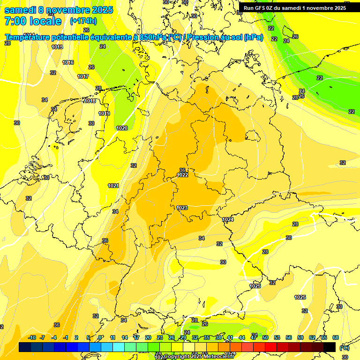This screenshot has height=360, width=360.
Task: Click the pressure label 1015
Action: (57, 47)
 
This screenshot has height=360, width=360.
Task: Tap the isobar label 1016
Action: (68, 62)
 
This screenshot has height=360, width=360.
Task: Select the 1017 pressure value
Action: (83, 76)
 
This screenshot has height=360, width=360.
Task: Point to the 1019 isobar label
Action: (104, 113)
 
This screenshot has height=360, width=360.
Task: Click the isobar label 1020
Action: (122, 128)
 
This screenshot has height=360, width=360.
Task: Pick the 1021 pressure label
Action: (113, 186)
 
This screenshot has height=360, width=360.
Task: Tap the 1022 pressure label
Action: (182, 175)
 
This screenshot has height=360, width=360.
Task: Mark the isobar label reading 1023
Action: (182, 208)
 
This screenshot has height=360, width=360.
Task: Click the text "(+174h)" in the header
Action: (83, 21)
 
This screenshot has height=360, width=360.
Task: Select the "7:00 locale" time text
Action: (33, 21)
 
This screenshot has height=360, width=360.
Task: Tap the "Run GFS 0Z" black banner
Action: (294, 8)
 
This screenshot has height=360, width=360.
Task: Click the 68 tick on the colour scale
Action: (336, 337)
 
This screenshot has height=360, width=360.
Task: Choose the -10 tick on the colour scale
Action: (32, 337)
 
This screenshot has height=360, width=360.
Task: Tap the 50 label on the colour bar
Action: (265, 337)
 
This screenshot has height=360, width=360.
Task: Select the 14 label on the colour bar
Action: (125, 337)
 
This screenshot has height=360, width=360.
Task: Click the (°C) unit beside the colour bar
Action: (344, 348)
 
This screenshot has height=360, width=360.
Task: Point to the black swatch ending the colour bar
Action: (330, 347)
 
